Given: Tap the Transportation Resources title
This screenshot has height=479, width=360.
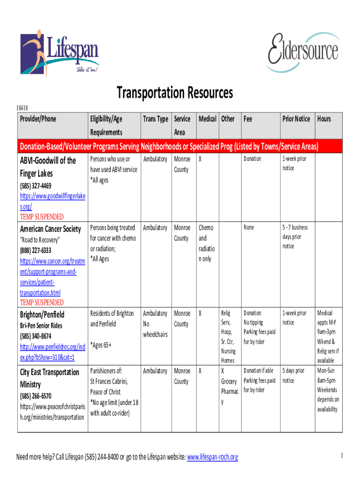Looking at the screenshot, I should (x=174, y=93).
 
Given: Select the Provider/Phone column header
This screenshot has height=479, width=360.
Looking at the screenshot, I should (x=38, y=119).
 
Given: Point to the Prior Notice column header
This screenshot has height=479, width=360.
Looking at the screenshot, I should (x=295, y=119).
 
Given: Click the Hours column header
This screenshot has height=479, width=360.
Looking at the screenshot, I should (x=324, y=119).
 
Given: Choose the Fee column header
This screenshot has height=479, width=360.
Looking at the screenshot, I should (x=248, y=119).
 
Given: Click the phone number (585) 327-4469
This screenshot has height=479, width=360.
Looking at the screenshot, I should (x=36, y=186).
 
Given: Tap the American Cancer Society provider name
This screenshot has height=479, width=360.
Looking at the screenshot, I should (x=50, y=229).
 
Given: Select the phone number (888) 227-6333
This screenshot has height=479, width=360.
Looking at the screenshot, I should (x=36, y=250).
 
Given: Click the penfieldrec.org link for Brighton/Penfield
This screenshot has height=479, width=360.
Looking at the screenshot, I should (x=52, y=352).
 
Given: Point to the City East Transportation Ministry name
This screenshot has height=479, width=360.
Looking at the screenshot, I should (x=50, y=378).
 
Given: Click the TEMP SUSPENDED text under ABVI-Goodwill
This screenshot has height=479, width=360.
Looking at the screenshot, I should (x=42, y=217).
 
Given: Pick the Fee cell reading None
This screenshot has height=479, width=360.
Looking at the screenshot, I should (x=249, y=228).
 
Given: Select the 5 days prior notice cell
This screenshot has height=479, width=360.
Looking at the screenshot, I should (x=293, y=376).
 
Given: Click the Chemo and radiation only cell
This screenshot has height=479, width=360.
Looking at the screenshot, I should (x=206, y=243).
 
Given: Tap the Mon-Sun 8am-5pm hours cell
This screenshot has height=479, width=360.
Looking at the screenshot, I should (x=328, y=376).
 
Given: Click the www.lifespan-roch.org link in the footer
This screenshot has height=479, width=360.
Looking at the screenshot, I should (x=212, y=457).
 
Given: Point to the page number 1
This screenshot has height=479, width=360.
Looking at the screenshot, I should (x=342, y=456).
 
